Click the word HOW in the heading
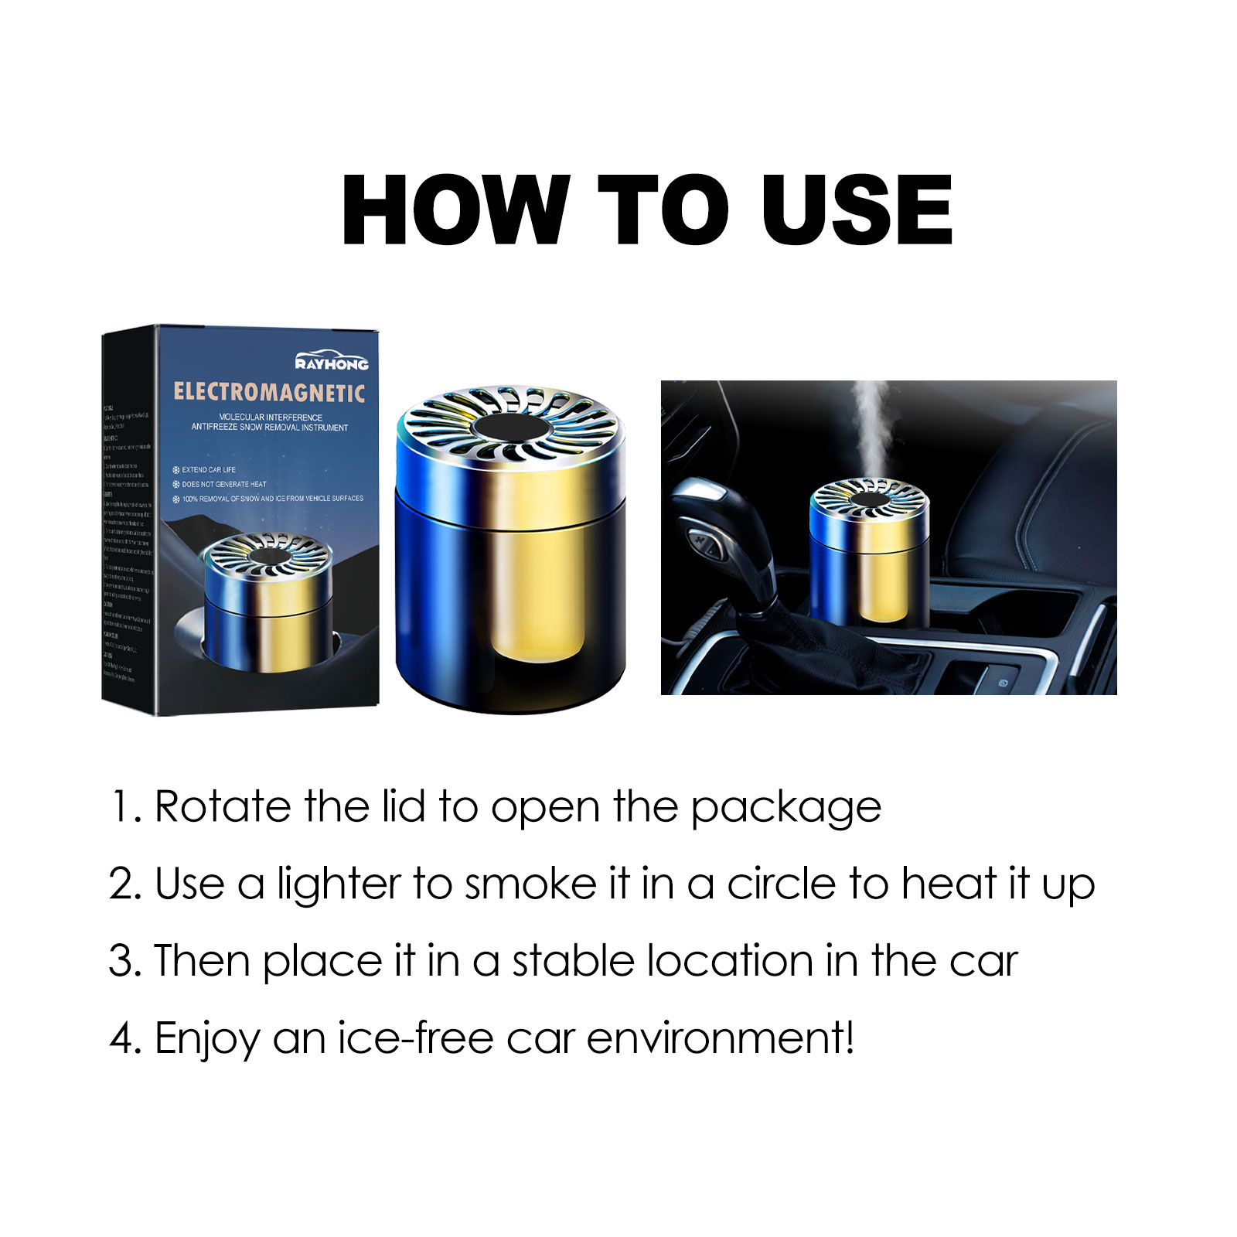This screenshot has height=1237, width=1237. [455, 210]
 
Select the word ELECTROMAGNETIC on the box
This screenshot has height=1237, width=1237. [269, 393]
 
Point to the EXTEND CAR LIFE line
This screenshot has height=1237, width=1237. [209, 470]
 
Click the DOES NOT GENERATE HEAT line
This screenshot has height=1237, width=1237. [223, 484]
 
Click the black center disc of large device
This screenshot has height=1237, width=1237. [511, 427]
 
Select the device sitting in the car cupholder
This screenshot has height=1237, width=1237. [868, 550]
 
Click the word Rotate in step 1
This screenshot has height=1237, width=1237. [223, 807]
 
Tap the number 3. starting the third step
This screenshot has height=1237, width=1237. [125, 961]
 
